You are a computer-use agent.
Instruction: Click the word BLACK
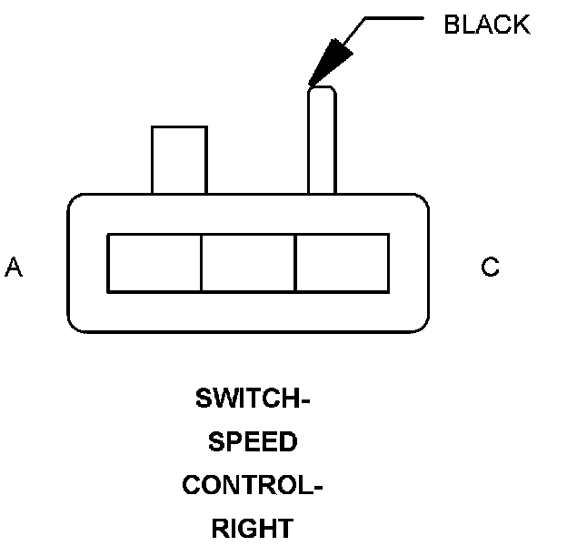[x=487, y=25]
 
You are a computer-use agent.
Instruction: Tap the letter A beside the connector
[x=14, y=267]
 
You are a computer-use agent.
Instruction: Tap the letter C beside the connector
[x=490, y=267]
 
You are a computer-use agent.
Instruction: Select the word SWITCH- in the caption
[x=253, y=399]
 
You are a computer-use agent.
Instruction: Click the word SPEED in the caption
[x=253, y=441]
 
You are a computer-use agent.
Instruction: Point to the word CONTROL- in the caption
[x=253, y=485]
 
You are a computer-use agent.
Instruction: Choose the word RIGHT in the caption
[x=253, y=529]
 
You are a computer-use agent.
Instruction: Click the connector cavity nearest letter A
[x=154, y=263]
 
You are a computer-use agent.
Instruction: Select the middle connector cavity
[x=249, y=263]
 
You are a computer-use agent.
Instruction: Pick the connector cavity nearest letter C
[x=343, y=263]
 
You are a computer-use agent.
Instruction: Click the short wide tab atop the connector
[x=179, y=160]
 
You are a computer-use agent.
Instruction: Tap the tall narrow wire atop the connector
[x=323, y=140]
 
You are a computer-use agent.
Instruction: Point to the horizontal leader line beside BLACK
[x=394, y=17]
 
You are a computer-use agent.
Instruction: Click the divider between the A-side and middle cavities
[x=201, y=263]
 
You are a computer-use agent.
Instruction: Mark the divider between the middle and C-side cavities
[x=296, y=263]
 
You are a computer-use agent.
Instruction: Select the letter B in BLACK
[x=453, y=25]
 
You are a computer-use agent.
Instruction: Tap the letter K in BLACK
[x=522, y=25]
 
